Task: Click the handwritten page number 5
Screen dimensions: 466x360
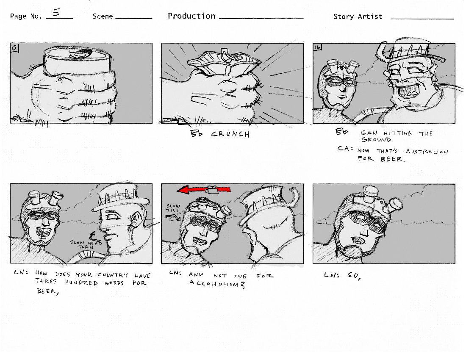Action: [56, 12]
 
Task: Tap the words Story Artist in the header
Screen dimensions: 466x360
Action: [358, 17]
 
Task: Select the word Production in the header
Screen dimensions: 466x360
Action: [191, 16]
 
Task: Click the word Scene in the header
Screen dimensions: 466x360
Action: [103, 17]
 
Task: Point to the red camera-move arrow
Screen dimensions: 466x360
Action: [204, 189]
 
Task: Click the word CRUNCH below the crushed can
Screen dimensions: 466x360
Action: [230, 134]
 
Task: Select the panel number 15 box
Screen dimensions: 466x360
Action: [14, 48]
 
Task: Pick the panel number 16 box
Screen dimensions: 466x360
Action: [317, 47]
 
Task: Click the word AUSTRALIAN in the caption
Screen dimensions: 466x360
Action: [427, 152]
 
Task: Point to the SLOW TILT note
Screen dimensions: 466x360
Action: [173, 208]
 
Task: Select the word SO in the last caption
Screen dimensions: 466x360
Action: [354, 276]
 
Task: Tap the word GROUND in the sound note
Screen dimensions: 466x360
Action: [376, 140]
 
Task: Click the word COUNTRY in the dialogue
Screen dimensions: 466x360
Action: [113, 275]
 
